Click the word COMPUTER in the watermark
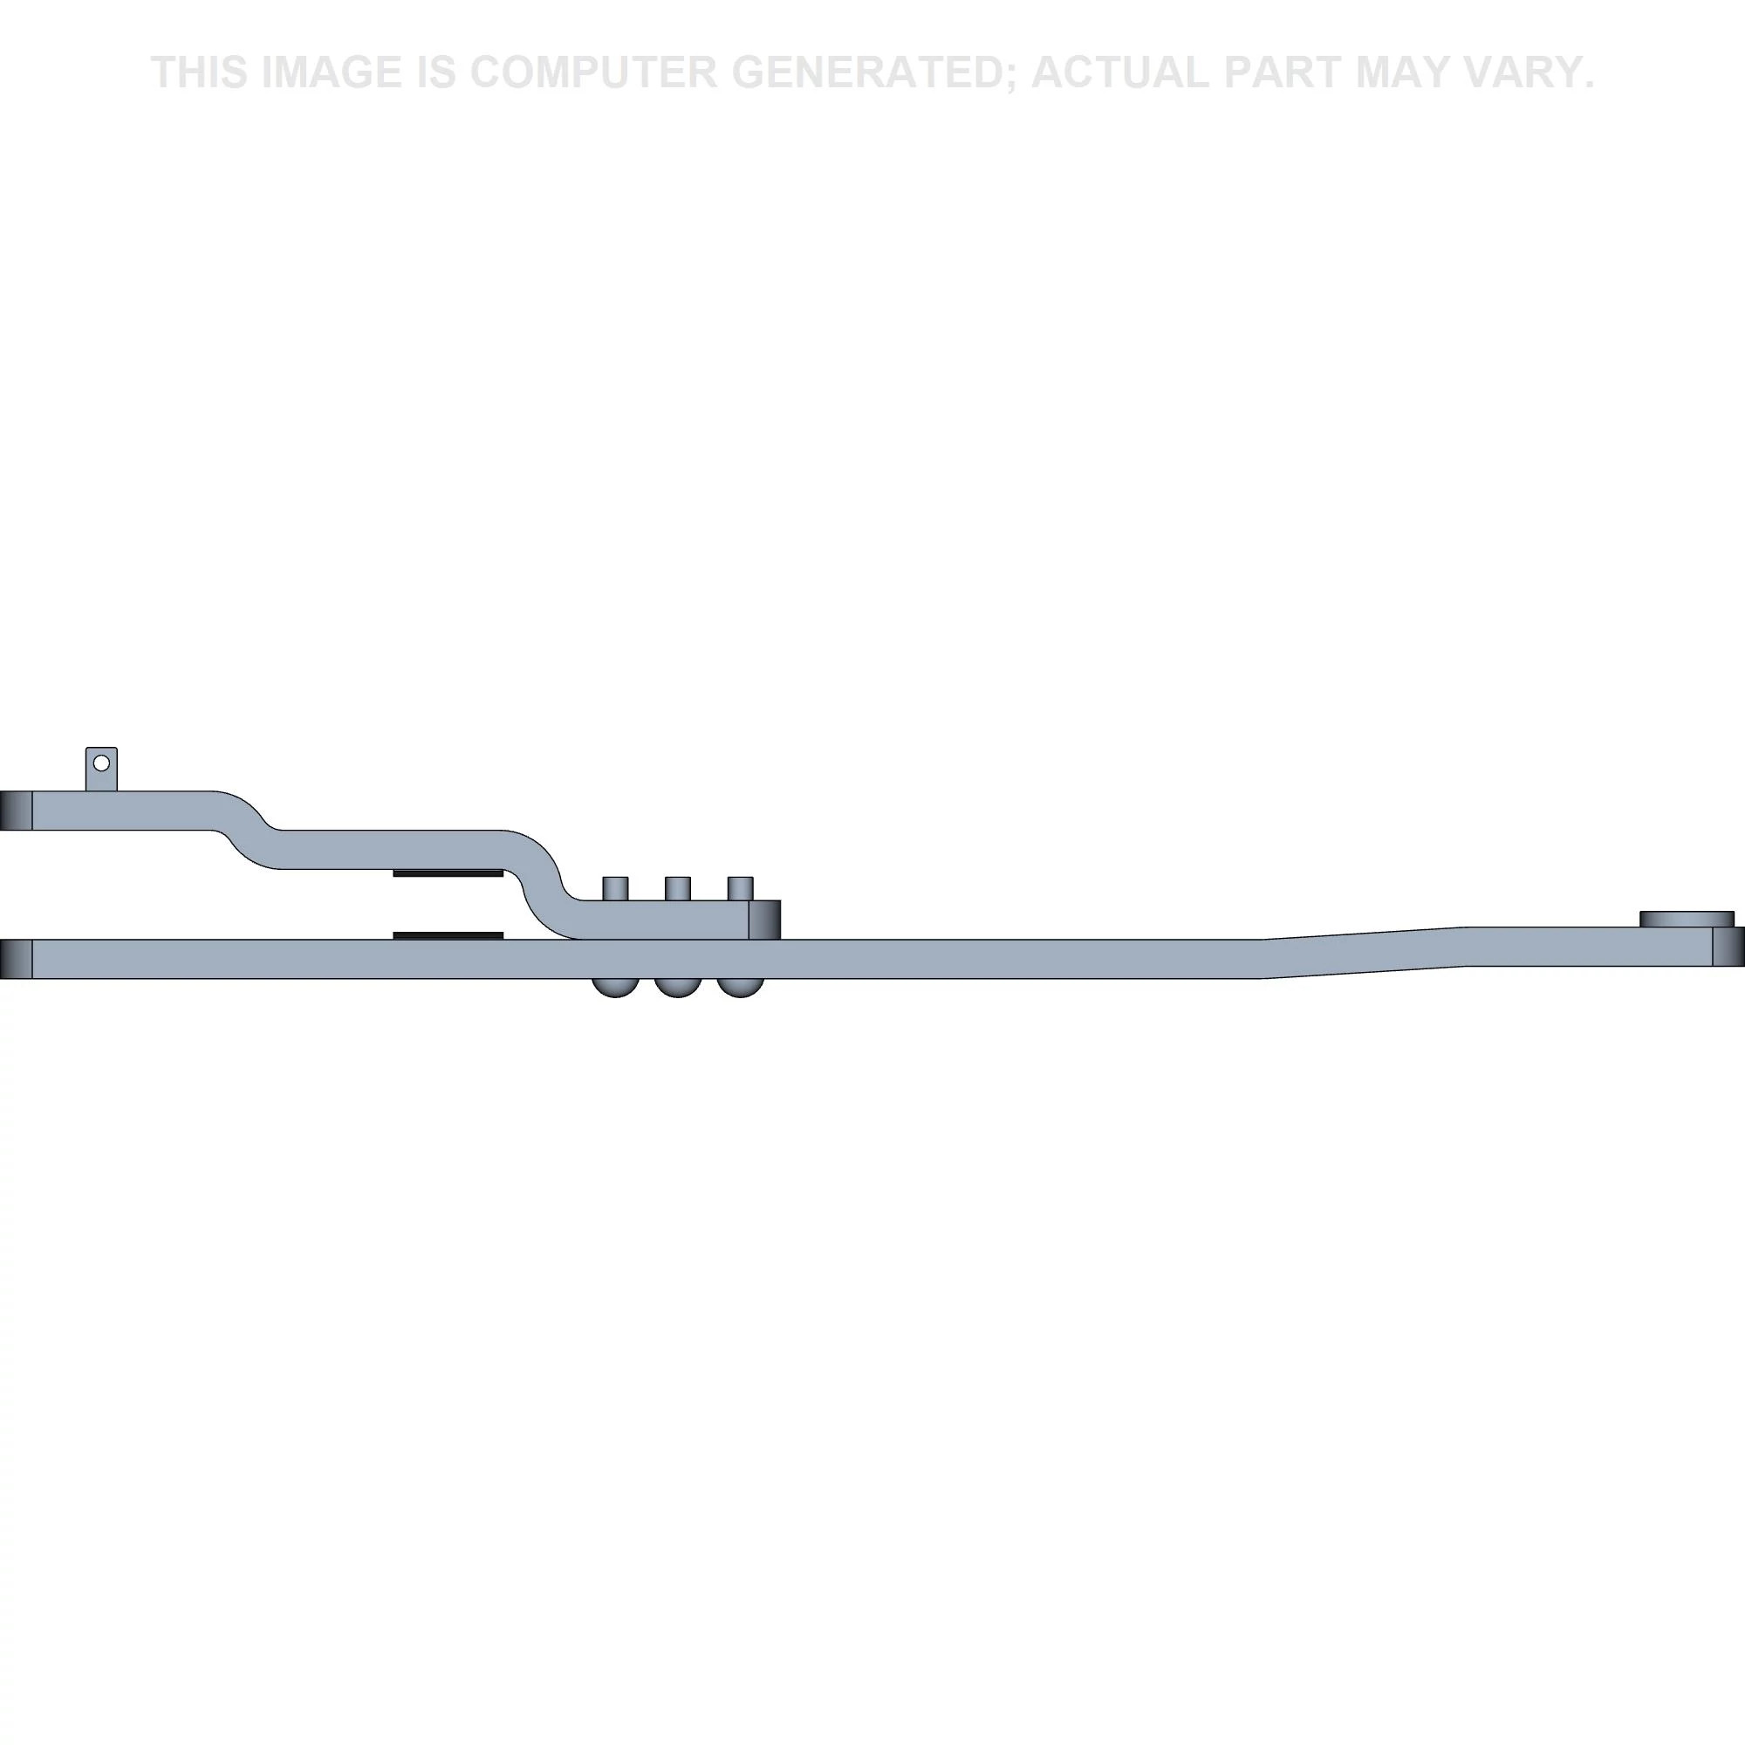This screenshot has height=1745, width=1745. point(592,72)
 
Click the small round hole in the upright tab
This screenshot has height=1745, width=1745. point(101,763)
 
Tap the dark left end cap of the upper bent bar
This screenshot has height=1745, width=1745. point(17,811)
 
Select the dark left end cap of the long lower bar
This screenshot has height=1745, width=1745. point(17,958)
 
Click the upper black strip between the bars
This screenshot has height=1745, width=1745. point(448,873)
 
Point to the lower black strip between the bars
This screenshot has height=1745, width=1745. point(448,935)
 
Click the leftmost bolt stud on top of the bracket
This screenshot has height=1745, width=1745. point(615,888)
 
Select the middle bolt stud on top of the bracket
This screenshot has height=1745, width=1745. point(677,888)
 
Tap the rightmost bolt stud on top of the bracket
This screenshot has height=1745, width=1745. point(740,888)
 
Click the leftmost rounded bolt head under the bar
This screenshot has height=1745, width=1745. point(615,987)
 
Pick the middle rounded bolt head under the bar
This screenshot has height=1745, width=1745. point(677,987)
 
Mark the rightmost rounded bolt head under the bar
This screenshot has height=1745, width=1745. point(740,987)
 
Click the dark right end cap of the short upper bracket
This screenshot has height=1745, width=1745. point(764,920)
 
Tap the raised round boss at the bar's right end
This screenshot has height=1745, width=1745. point(1687,919)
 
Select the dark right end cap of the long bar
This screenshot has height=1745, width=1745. point(1728,952)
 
